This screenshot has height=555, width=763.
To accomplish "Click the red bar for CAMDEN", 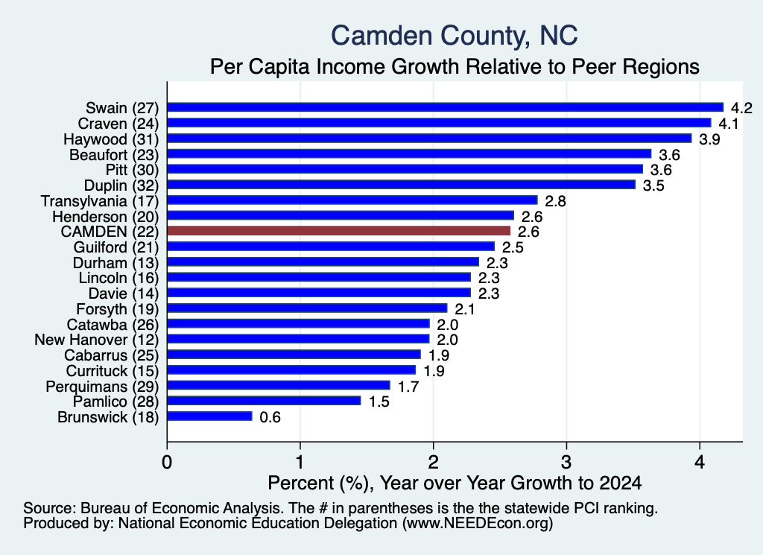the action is (x=339, y=231).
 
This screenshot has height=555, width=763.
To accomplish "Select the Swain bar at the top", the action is (x=446, y=107).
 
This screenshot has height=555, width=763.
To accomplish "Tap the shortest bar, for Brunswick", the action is (x=209, y=416).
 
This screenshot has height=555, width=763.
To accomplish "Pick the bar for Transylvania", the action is (x=352, y=200).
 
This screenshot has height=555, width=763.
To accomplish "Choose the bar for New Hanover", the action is (x=298, y=339).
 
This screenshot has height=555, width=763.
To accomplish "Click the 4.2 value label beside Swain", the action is (x=741, y=108).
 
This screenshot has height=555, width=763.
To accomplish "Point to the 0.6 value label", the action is (x=270, y=417).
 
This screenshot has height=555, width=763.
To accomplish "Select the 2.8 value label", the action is (x=555, y=201).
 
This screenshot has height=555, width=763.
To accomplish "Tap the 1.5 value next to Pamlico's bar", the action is (x=379, y=402).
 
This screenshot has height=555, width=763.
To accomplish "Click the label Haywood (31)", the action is (x=111, y=139).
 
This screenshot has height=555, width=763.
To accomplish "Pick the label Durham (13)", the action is (x=115, y=263).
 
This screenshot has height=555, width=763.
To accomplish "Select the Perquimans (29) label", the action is (x=102, y=387).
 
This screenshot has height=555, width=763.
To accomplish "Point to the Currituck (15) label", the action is (x=113, y=371).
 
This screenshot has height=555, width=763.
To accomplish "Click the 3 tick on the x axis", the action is (x=566, y=462).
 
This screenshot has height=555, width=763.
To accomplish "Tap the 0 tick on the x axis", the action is (x=167, y=462).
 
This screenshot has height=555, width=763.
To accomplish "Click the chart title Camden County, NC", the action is (x=455, y=36).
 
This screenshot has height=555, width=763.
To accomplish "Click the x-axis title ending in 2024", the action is (x=455, y=483).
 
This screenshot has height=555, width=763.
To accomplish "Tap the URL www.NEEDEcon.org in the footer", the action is (x=478, y=523).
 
